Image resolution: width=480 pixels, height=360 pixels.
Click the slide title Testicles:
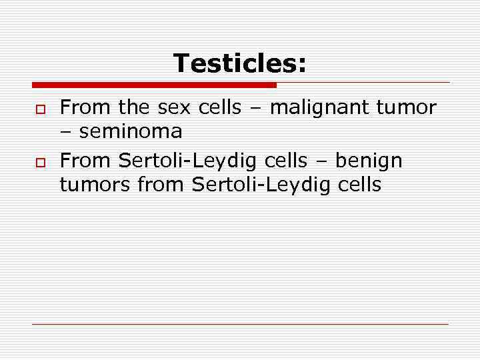240,64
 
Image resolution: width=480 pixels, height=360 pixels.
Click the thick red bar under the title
154,85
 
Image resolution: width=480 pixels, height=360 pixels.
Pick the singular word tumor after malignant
407,107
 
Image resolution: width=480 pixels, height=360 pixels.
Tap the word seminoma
131,132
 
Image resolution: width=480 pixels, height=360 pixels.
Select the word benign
369,161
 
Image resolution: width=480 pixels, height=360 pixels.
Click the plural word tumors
95,185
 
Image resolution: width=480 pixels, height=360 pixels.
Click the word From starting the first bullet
85,107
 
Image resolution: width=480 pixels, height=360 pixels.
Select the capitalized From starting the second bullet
85,161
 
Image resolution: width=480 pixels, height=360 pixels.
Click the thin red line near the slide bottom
240,324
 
